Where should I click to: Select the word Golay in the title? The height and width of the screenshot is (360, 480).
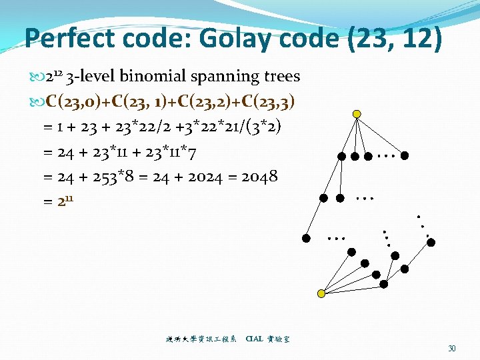coord(225,38)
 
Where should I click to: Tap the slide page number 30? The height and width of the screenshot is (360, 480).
coord(452,348)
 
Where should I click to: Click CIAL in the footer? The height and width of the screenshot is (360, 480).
coord(254,339)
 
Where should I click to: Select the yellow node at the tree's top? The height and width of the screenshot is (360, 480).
coord(357,115)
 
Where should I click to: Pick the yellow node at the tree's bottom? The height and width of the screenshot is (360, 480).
coord(321,293)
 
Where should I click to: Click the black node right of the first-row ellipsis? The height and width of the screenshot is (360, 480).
coord(405,156)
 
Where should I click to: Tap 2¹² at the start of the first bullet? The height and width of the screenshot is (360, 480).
coord(51,76)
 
